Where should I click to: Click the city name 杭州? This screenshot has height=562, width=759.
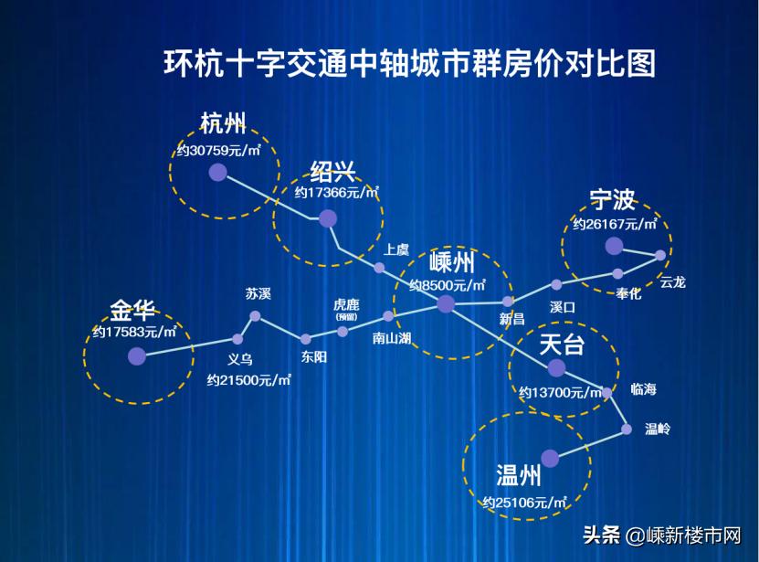pyautogui.click(x=224, y=124)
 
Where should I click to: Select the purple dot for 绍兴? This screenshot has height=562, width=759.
pyautogui.click(x=327, y=217)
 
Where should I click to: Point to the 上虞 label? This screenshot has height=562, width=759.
pyautogui.click(x=395, y=249)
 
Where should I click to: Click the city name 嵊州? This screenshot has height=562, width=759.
pyautogui.click(x=451, y=263)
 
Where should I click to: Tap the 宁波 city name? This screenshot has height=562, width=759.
pyautogui.click(x=613, y=199)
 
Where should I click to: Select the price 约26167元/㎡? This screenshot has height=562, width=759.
pyautogui.click(x=615, y=223)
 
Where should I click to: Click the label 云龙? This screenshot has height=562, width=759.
pyautogui.click(x=672, y=282)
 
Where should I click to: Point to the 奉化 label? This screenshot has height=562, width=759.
pyautogui.click(x=628, y=293)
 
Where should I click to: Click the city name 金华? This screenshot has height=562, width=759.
pyautogui.click(x=132, y=308)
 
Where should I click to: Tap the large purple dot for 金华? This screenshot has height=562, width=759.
pyautogui.click(x=136, y=356)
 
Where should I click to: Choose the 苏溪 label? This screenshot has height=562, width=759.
pyautogui.click(x=258, y=293)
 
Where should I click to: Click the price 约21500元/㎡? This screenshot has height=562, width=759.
pyautogui.click(x=249, y=379)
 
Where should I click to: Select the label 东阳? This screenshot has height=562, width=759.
pyautogui.click(x=313, y=357)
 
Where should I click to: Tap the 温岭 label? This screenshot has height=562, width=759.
pyautogui.click(x=658, y=428)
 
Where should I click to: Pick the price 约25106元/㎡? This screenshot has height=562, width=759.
pyautogui.click(x=525, y=502)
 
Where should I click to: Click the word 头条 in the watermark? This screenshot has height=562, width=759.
pyautogui.click(x=601, y=535)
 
